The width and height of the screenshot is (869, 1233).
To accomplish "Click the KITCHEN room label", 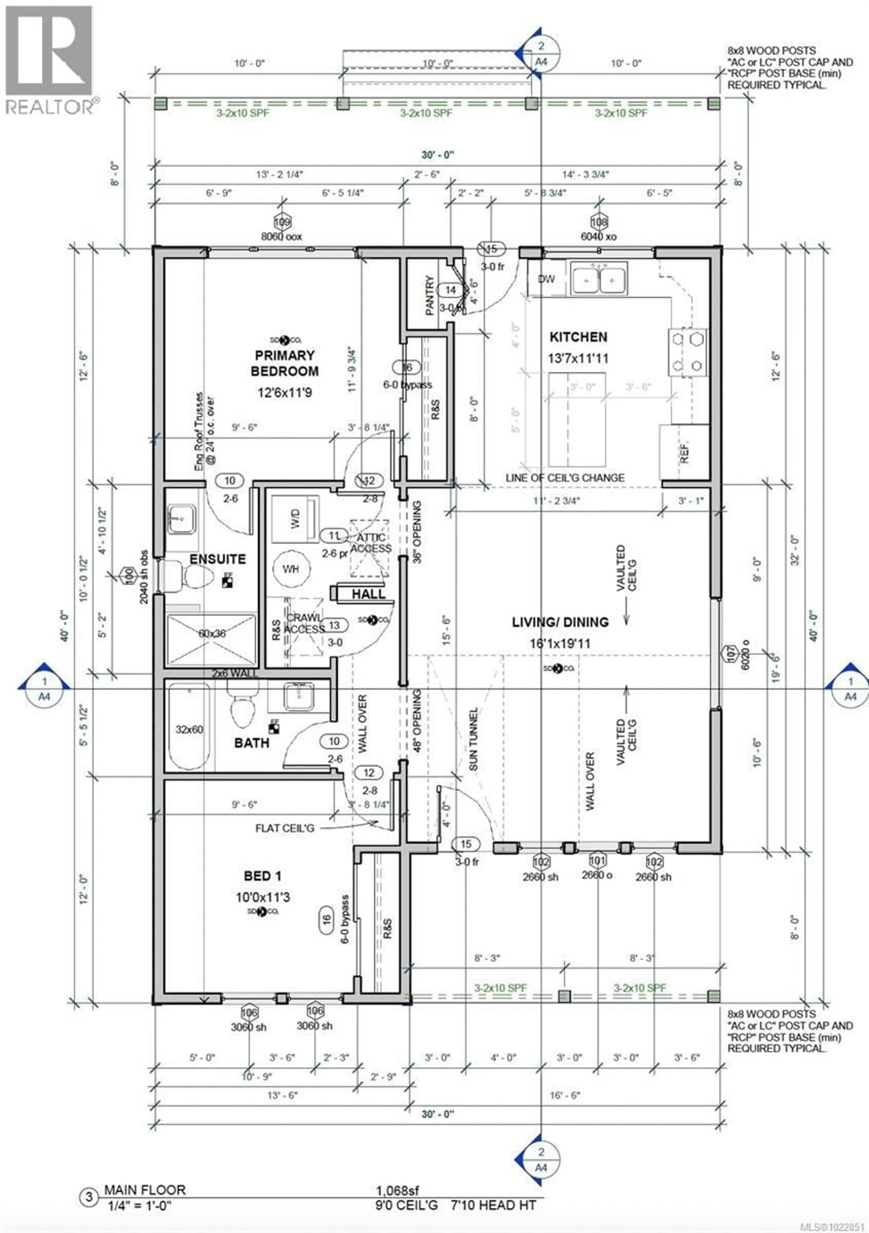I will pos(578,337).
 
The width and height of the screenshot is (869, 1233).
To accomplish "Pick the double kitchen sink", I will pos(599,278).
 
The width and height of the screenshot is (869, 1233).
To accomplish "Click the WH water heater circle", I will pos(290,569).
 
